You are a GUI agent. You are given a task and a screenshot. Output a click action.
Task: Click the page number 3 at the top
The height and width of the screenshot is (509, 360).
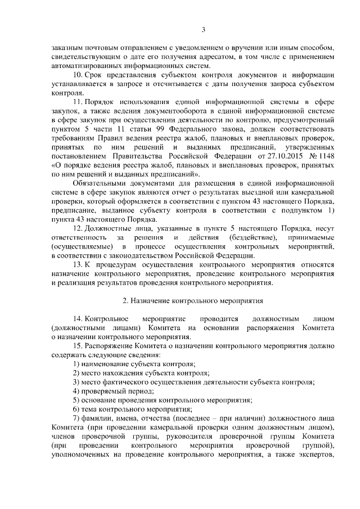point(203,30)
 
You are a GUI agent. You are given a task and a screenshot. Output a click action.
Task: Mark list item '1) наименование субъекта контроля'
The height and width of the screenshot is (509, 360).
point(134,363)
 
